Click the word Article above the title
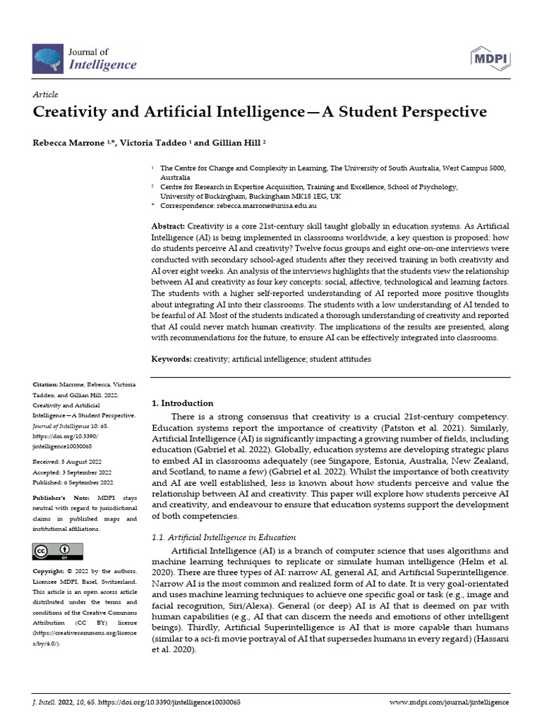click(45, 94)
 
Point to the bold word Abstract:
click(169, 225)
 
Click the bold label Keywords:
click(171, 359)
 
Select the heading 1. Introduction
click(183, 403)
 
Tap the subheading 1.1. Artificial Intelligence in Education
click(219, 537)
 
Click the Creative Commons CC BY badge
click(58, 551)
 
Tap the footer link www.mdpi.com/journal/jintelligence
click(449, 703)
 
